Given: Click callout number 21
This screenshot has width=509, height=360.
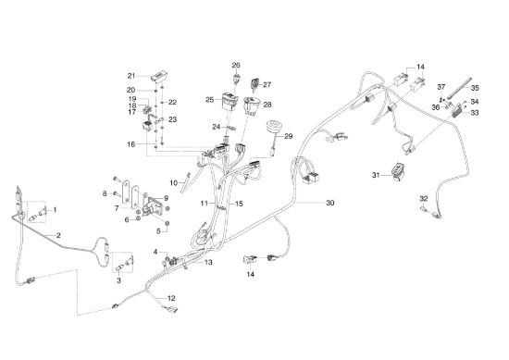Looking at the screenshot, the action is pyautogui.click(x=131, y=76).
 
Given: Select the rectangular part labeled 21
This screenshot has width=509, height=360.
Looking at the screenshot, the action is pyautogui.click(x=159, y=76).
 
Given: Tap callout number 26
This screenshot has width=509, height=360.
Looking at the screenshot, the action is pyautogui.click(x=236, y=66).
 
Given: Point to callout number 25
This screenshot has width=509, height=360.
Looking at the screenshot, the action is pyautogui.click(x=210, y=100).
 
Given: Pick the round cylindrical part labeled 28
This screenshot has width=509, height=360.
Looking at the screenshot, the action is pyautogui.click(x=252, y=105).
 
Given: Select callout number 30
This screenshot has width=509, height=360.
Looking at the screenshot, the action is pyautogui.click(x=329, y=203).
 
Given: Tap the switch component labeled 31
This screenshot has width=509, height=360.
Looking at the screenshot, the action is pyautogui.click(x=397, y=171).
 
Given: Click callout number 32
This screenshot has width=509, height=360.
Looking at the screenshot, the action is pyautogui.click(x=424, y=198).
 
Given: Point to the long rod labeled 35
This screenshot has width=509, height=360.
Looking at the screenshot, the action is pyautogui.click(x=459, y=88).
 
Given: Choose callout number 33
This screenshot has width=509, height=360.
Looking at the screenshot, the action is pyautogui.click(x=475, y=113).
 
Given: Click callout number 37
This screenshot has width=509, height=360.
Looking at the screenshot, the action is pyautogui.click(x=441, y=87).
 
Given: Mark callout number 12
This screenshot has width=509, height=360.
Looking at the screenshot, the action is pyautogui.click(x=171, y=298).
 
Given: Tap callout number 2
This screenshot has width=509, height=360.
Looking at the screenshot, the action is pyautogui.click(x=58, y=235).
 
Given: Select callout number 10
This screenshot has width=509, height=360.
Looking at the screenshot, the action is pyautogui.click(x=174, y=183).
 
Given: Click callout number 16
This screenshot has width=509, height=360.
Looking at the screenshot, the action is pyautogui.click(x=131, y=144).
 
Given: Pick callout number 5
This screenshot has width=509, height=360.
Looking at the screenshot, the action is pyautogui.click(x=158, y=231).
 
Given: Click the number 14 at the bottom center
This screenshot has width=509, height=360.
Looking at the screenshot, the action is pyautogui.click(x=251, y=274).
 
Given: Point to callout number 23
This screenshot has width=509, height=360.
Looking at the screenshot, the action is pyautogui.click(x=173, y=119).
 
